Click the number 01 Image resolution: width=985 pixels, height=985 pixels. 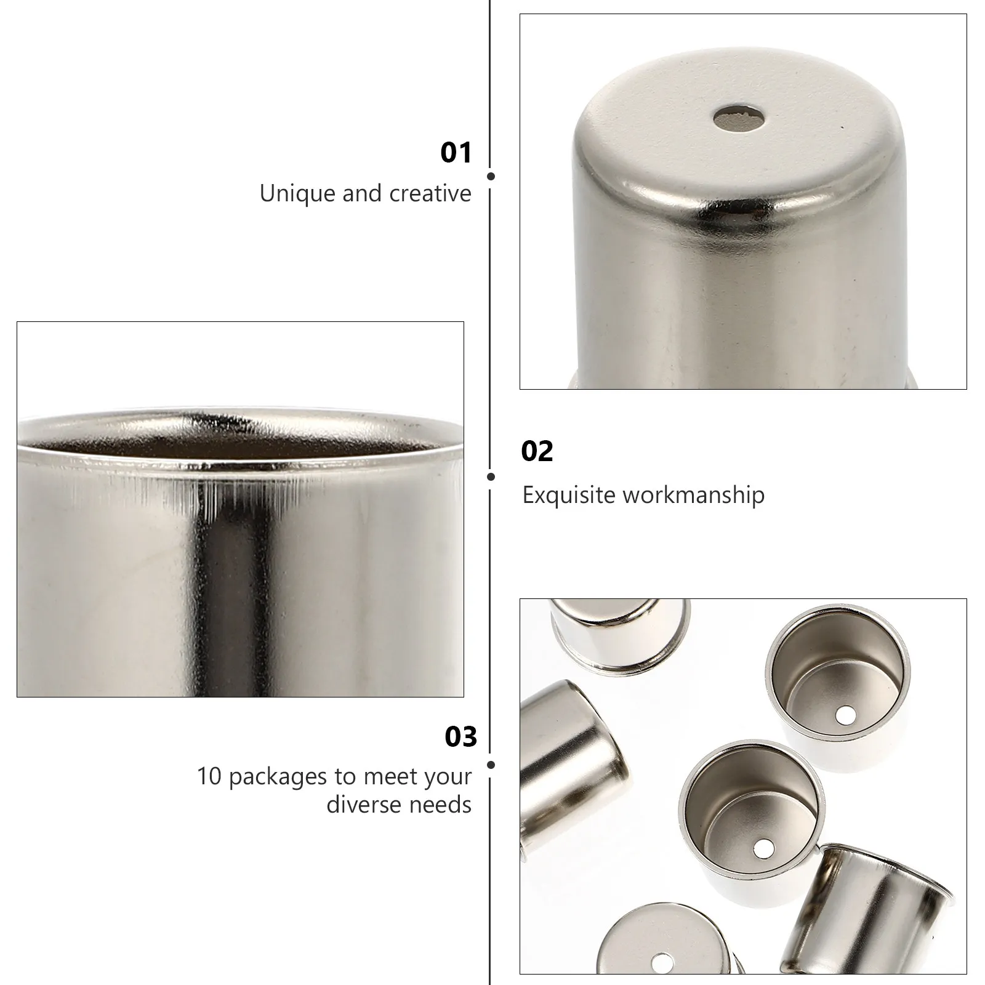456,152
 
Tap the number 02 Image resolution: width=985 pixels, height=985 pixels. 537,451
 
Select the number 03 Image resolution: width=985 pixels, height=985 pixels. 461,737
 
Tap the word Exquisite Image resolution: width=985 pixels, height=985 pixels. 569,495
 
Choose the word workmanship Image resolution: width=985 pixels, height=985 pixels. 694,495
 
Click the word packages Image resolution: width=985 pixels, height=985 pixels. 279,778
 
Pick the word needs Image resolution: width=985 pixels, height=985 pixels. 442,805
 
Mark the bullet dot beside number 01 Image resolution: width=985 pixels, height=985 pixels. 491,176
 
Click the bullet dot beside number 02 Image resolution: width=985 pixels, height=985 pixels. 491,476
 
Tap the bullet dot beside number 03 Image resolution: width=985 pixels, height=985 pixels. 491,765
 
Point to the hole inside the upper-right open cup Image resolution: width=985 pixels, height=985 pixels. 846,715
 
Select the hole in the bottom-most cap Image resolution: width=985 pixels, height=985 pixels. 662,960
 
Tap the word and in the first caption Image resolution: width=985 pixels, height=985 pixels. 363,194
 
